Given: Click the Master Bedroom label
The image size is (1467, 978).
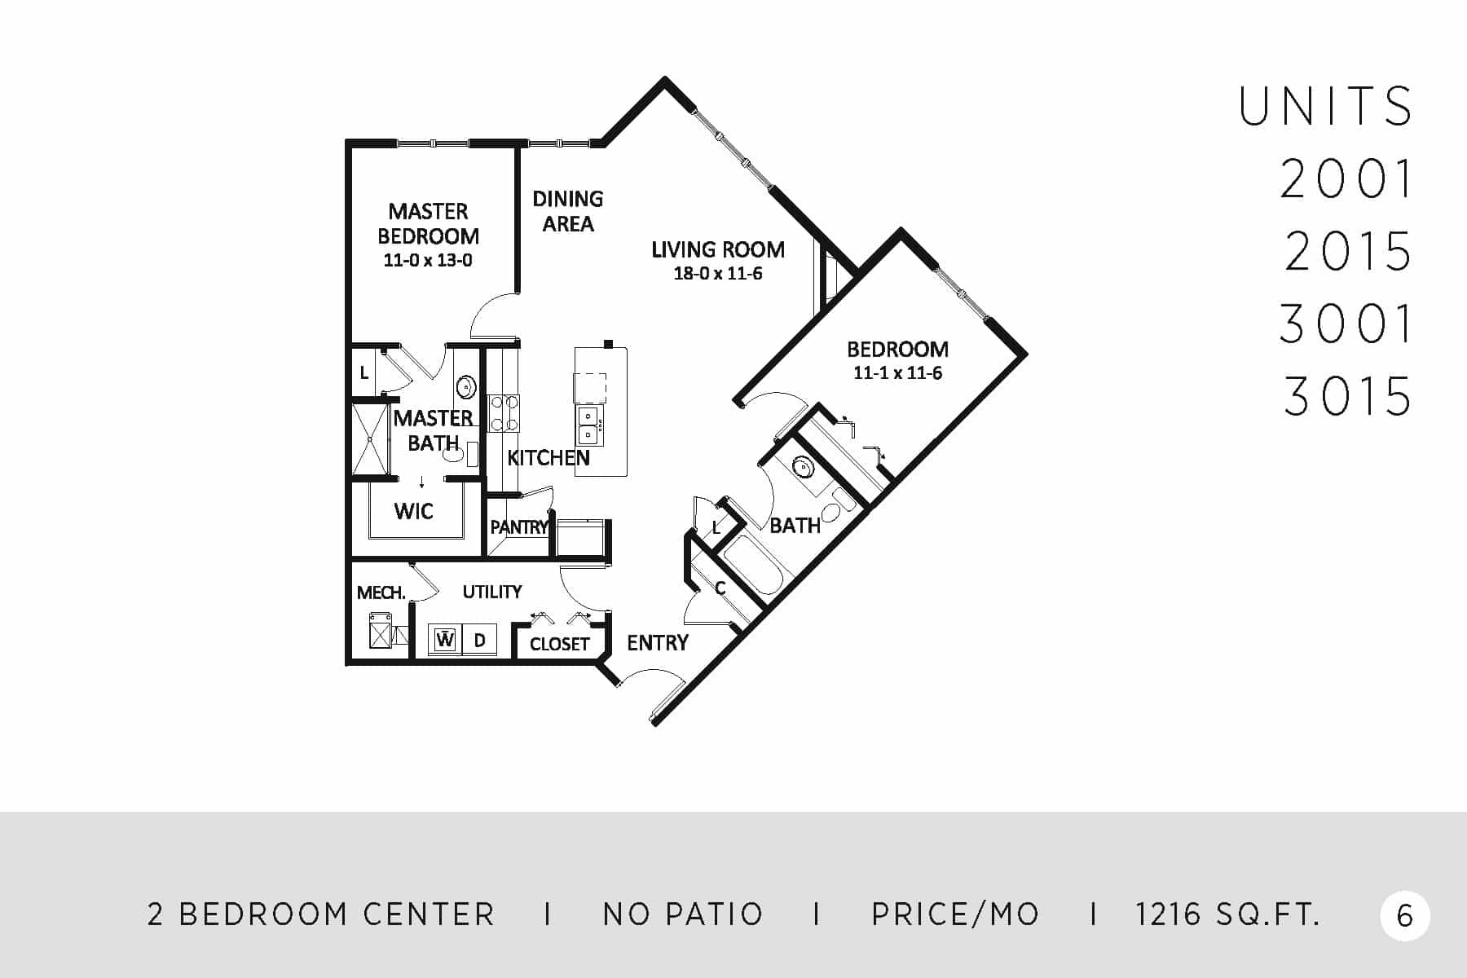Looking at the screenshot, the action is point(428,223).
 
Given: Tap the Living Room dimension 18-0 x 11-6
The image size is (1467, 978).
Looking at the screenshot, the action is point(718,274).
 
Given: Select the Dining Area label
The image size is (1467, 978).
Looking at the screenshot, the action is point(568,211).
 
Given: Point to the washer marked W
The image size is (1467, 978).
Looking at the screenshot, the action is point(445,640).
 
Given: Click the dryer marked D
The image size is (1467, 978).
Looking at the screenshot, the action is point(480,640).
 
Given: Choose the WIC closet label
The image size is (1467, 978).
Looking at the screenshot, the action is point(413,511).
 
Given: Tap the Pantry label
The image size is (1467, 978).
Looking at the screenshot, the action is point(519,527).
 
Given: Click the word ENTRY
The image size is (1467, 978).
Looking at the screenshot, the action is point(658,643).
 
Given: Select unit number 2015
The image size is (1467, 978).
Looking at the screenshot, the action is point(1348,251).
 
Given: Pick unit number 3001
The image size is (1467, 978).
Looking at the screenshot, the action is point(1346,324).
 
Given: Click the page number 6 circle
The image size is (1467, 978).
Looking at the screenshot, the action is point(1405,916).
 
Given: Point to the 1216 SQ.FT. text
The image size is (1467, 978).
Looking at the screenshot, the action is point(1227,914).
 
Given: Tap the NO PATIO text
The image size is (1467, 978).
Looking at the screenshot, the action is point(683,914).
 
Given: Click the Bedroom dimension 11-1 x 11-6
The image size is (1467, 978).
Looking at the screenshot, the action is point(898,373).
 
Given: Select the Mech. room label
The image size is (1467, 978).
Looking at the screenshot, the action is point(381,593).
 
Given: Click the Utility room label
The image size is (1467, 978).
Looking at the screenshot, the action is point(492,592).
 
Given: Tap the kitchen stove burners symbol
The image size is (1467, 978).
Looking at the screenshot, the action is point(504,412).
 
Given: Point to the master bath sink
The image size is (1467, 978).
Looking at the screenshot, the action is point(465,387).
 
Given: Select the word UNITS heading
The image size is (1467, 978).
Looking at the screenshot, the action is point(1326,107).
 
